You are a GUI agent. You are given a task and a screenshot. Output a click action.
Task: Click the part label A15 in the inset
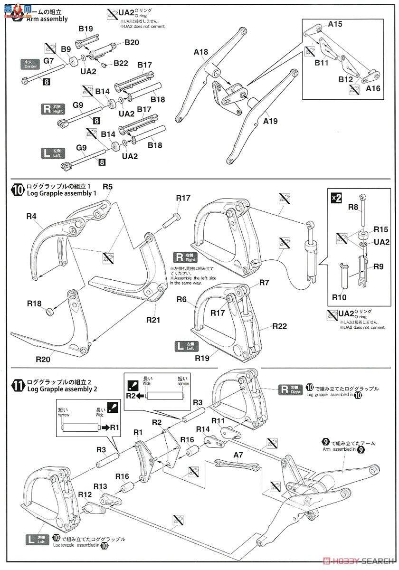click(335, 24)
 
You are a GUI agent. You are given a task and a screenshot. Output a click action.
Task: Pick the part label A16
click(373, 89)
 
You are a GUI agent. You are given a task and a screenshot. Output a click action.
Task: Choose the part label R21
click(153, 320)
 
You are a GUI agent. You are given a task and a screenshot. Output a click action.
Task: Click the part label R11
click(218, 421)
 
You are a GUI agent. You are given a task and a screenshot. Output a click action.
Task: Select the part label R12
click(85, 494)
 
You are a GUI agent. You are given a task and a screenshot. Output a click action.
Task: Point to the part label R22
click(280, 326)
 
